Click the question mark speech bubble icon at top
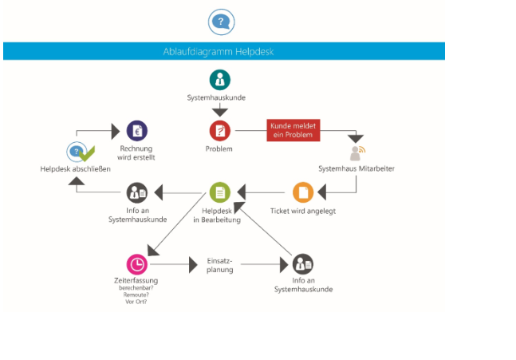(221, 22)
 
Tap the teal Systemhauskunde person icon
(220, 80)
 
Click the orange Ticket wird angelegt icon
(302, 192)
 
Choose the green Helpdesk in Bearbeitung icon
(220, 192)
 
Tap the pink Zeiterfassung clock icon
(136, 263)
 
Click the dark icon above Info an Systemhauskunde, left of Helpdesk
(137, 192)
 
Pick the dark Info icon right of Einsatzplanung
(302, 263)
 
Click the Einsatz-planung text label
(220, 265)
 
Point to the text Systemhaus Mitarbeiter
(356, 168)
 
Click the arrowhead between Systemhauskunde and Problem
(220, 112)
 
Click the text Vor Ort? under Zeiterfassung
(136, 301)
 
